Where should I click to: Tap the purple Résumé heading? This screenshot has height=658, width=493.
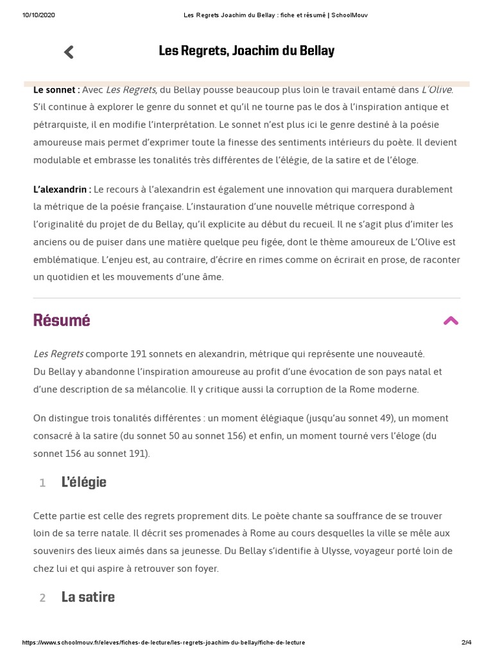[x=62, y=321]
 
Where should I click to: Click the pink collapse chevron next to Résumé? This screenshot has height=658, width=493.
[x=451, y=321]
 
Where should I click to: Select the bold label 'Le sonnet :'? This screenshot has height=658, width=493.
[x=56, y=90]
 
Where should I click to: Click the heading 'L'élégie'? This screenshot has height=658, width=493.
[x=84, y=483]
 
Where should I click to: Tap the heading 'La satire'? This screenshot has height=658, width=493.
[x=88, y=597]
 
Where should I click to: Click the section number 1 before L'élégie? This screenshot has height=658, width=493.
[x=42, y=483]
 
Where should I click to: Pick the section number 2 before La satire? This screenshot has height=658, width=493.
[x=42, y=598]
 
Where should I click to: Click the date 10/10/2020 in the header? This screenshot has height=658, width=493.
[x=39, y=15]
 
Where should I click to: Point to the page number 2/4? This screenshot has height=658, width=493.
[x=466, y=643]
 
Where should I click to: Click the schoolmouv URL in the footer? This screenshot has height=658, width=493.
[x=164, y=643]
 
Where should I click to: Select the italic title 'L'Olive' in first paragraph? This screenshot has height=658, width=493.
[x=437, y=90]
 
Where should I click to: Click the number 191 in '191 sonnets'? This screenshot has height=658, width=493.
[x=139, y=354]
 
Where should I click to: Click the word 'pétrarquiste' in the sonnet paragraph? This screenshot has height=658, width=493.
[x=60, y=124]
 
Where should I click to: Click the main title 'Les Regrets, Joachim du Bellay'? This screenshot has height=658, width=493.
[x=246, y=51]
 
